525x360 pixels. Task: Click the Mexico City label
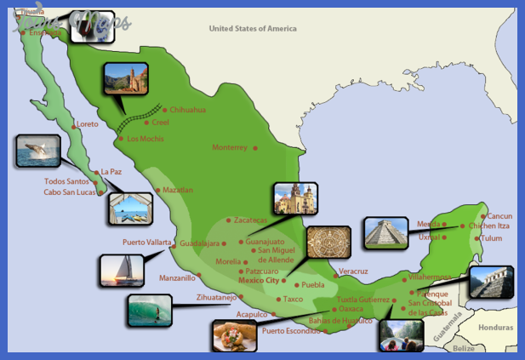tap(259, 280)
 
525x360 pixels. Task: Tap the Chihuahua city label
tap(187, 110)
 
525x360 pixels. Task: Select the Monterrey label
tap(229, 147)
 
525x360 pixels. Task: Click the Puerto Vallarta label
tap(146, 242)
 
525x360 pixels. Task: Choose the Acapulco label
tap(250, 314)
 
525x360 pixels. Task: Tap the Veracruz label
tap(353, 271)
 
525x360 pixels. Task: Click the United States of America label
tap(253, 29)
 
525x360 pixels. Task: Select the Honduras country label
tap(497, 327)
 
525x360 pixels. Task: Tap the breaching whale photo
tap(37, 151)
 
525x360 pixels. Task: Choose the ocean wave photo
tap(149, 311)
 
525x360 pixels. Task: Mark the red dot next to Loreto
tap(72, 124)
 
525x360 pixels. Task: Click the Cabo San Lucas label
tap(70, 192)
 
